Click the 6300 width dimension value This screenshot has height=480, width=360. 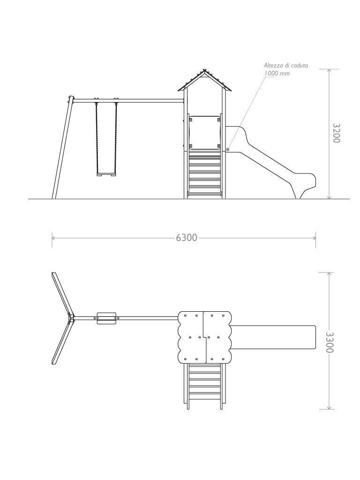point(187,238)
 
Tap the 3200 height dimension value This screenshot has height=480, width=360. point(337,133)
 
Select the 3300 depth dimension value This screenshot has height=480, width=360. point(330,342)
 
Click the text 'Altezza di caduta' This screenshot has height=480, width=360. point(286,65)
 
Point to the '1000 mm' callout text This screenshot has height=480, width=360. point(277,74)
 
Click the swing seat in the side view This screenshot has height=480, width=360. point(107,174)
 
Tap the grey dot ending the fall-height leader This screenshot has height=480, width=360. point(227,150)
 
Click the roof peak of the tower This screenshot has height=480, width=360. point(205,70)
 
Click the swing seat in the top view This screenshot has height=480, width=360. point(106,318)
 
